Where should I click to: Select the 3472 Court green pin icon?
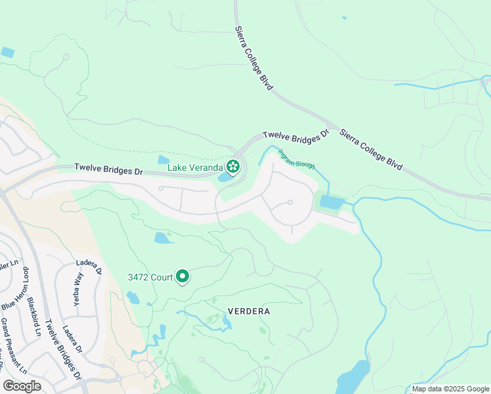pos(182,277)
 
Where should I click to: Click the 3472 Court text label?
pos(150,277)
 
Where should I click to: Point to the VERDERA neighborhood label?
pos(249,311)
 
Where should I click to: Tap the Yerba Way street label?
pos(78,283)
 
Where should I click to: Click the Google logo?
pos(22,386)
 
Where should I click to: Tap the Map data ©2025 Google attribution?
pos(450,389)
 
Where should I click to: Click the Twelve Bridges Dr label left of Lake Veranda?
pos(108,169)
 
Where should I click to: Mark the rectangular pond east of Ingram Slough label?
pos(331,202)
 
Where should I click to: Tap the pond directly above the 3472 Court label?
pos(163,238)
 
